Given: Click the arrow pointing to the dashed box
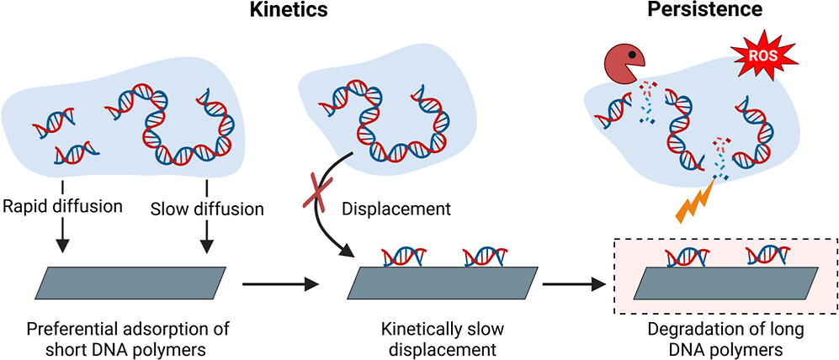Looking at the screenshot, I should tap(575, 284).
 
